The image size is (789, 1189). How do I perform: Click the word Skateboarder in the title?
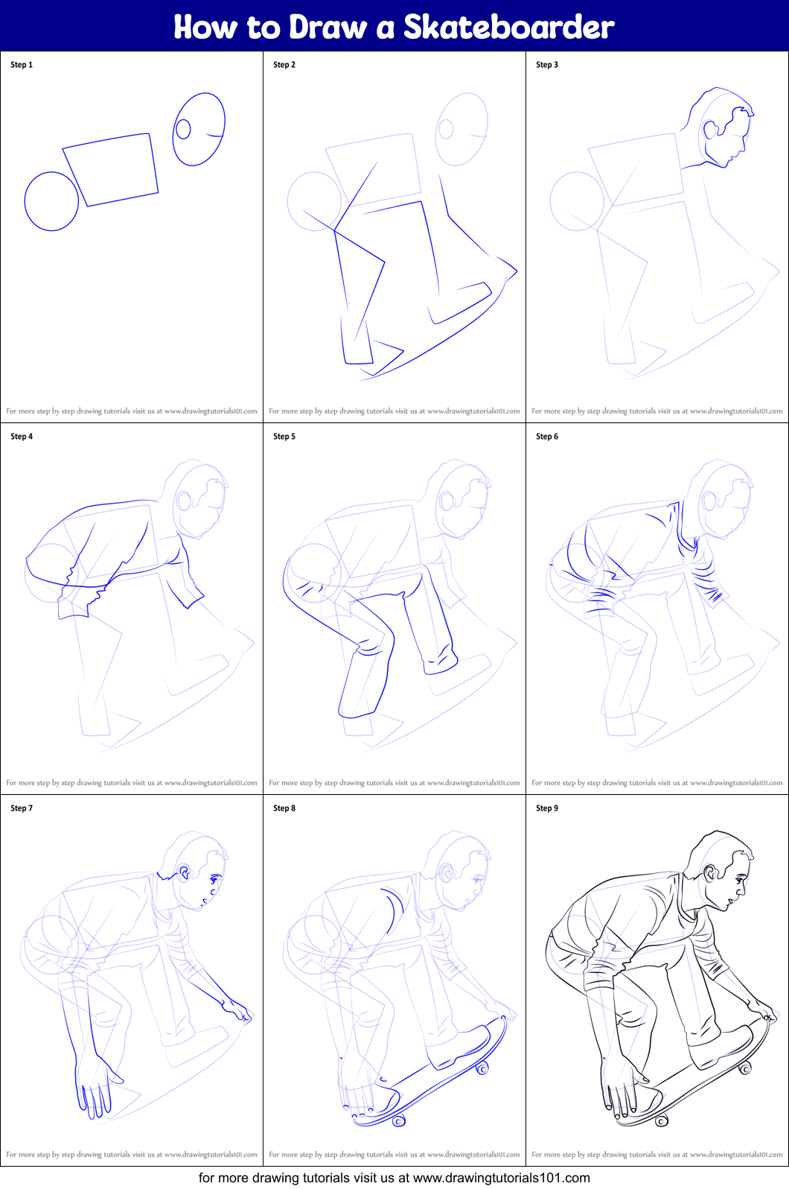click(x=508, y=27)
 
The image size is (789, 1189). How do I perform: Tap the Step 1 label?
click(x=22, y=65)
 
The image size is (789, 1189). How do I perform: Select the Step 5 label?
click(x=284, y=437)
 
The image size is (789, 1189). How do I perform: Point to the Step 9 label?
click(x=547, y=808)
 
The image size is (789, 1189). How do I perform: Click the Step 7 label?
click(x=22, y=808)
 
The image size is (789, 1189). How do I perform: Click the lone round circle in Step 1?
click(x=51, y=201)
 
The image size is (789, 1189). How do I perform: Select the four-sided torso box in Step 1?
click(x=111, y=169)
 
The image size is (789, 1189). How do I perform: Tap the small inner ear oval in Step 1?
click(x=183, y=129)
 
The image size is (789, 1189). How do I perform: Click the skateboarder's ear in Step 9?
click(x=709, y=873)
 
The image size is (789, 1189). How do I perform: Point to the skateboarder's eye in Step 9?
click(x=739, y=880)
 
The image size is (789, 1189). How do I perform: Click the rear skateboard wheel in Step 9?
click(x=661, y=1120)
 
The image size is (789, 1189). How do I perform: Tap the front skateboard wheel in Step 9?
click(x=744, y=1069)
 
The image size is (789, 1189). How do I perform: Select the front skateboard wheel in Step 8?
click(x=482, y=1069)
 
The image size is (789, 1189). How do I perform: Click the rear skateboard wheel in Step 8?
click(x=399, y=1120)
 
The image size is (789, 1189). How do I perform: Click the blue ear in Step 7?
click(x=184, y=873)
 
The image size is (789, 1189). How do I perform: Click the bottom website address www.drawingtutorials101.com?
click(x=501, y=1178)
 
